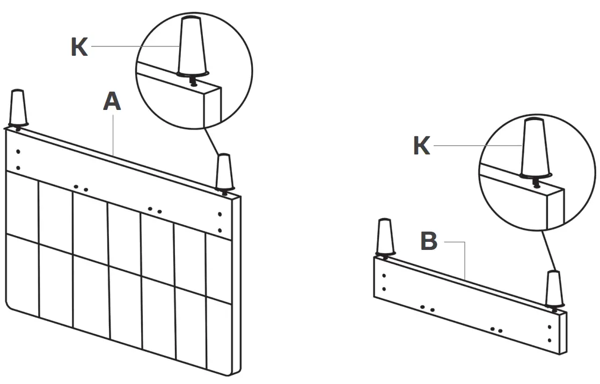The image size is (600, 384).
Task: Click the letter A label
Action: [112, 101]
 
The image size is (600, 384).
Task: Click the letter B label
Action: [428, 241]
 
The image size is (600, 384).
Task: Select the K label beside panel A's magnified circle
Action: [79, 47]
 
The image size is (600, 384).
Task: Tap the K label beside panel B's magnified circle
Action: [421, 146]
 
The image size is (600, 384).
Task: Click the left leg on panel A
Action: [17, 108]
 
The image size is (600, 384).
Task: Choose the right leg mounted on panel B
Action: [554, 289]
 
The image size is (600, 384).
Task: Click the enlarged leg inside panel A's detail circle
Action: [194, 45]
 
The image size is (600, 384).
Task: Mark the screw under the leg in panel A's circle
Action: [193, 81]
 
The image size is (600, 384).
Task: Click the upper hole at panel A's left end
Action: [18, 151]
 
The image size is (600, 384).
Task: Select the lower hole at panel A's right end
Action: [220, 231]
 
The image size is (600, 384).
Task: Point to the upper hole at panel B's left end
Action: [384, 276]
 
